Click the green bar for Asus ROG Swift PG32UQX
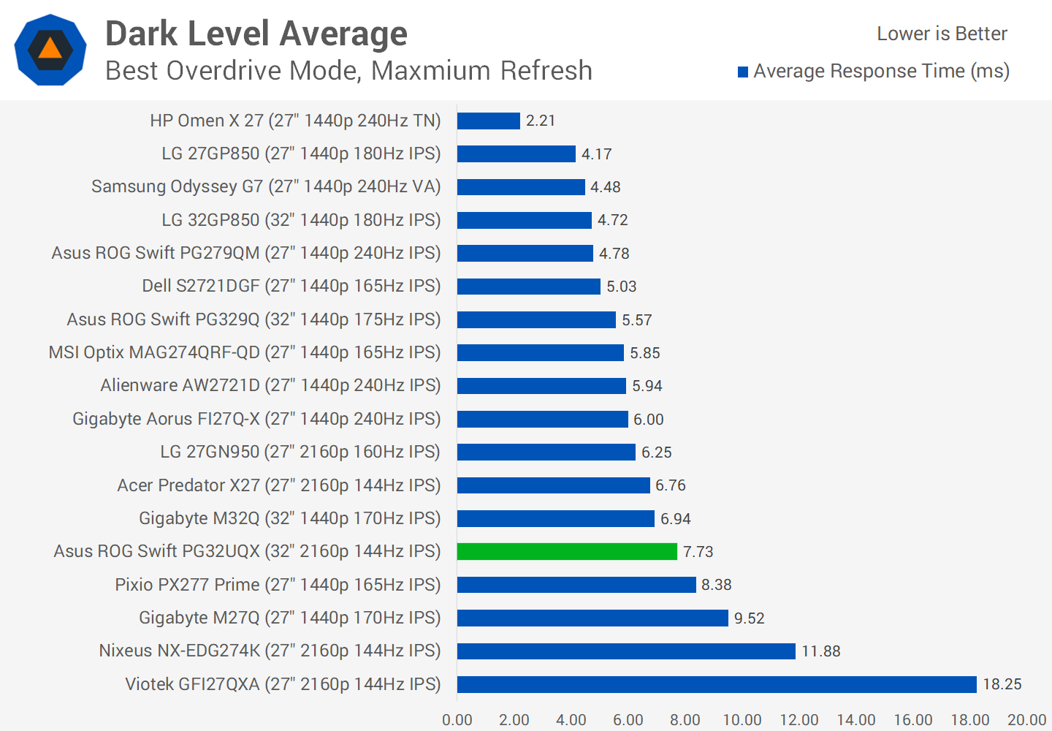pos(567,551)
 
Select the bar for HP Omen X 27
pos(489,121)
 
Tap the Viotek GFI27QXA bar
pos(717,684)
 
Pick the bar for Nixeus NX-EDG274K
pos(626,651)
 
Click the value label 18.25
pos(1002,684)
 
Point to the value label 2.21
pos(541,121)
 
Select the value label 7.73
pos(698,552)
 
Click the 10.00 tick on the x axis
pos(742,720)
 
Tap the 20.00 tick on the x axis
pos(1026,720)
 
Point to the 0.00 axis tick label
pos(457,720)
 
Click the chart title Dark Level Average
pos(256,34)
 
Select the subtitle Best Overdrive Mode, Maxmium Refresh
pos(348,71)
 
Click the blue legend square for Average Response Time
pos(743,72)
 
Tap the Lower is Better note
pos(942,34)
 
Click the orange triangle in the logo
pos(50,49)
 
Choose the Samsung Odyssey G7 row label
pos(266,186)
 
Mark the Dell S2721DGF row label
pos(291,286)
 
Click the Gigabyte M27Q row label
pos(290,618)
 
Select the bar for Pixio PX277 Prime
pos(576,585)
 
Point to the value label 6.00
pos(648,420)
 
